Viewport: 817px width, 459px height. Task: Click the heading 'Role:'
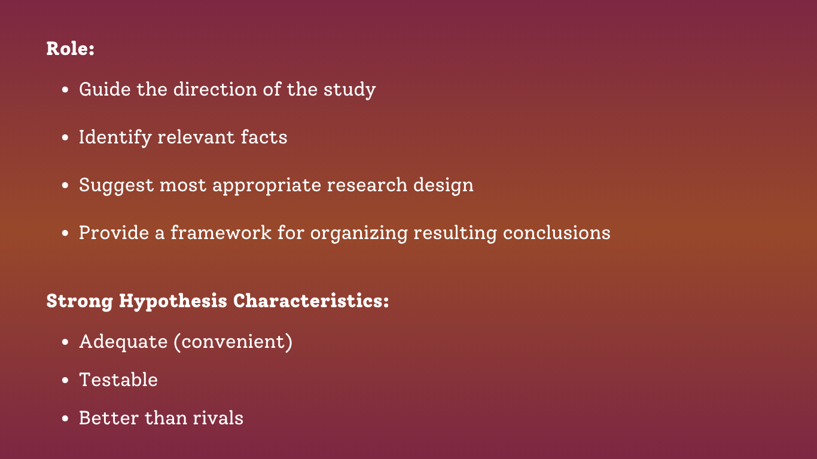coord(71,49)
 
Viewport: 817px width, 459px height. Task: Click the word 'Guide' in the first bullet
coord(105,89)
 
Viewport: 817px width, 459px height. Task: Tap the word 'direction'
coord(215,89)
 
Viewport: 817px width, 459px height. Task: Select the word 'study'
coord(349,90)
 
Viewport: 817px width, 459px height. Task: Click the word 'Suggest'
coord(117,186)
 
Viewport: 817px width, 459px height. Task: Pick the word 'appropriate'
coord(267,186)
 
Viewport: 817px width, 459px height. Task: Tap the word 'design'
coord(444,186)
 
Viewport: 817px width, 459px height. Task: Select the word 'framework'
coord(221,232)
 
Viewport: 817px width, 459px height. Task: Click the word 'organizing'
coord(359,234)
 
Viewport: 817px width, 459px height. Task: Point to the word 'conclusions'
coord(557,232)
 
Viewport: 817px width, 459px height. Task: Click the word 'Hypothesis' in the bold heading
coord(173,302)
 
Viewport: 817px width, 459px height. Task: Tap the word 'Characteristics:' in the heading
coord(311,301)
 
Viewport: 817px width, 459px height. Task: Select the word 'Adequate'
coord(123,342)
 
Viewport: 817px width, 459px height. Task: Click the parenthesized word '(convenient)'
coord(233,342)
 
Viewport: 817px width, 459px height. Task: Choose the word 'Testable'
coord(118,380)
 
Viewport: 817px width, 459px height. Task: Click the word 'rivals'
coord(218,418)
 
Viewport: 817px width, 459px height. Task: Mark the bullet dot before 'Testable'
coord(65,381)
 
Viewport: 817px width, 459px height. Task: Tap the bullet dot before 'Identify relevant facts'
coord(65,138)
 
